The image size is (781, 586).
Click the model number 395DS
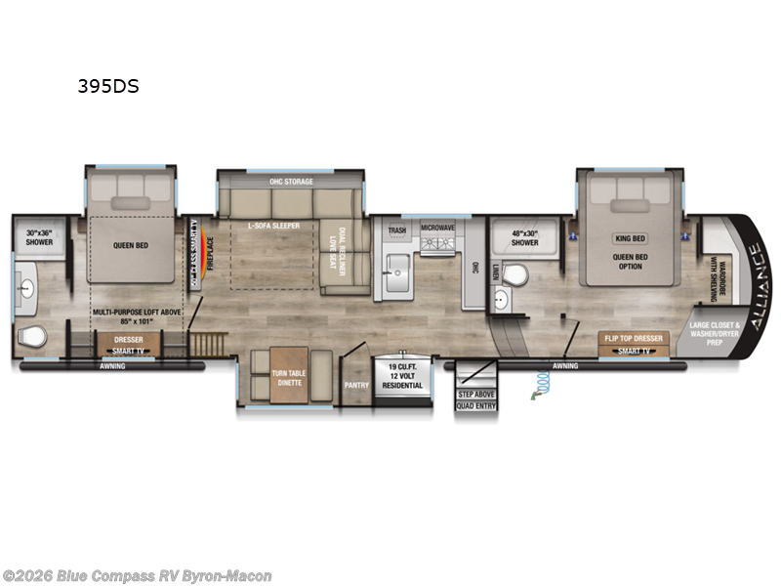pos(108,86)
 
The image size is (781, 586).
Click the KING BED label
pos(630,238)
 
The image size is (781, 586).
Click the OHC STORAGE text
pos(290,182)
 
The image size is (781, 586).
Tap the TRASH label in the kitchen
pos(396,231)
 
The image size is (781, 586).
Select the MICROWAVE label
pos(438,227)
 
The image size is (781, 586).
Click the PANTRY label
pos(355,385)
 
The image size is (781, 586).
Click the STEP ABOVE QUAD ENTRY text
pos(478,399)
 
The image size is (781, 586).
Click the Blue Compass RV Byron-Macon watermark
pos(137,576)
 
